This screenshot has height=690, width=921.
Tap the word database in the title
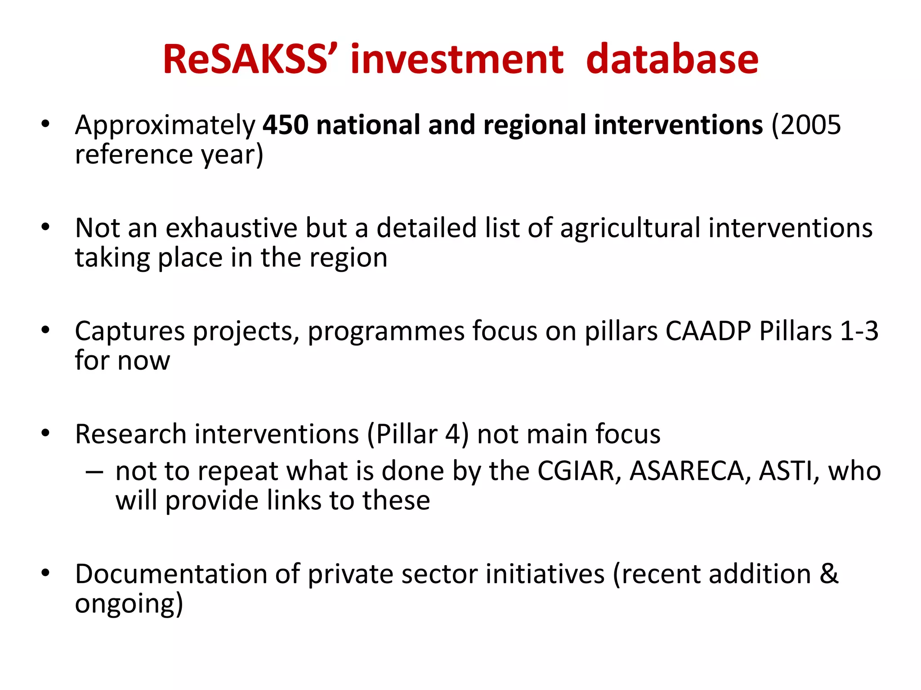(x=672, y=59)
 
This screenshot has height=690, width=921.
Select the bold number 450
(x=286, y=125)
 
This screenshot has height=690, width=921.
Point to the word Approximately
(x=165, y=126)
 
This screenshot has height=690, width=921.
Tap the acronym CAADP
(x=708, y=332)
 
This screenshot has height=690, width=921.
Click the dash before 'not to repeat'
(x=94, y=472)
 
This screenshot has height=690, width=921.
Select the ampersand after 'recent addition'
(x=829, y=575)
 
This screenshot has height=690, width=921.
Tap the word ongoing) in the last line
(x=129, y=605)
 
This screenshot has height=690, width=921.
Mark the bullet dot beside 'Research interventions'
(x=45, y=434)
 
